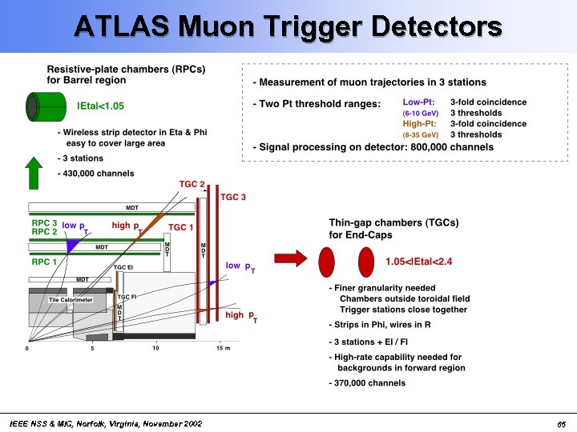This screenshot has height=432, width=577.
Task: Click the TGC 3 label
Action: click(234, 197)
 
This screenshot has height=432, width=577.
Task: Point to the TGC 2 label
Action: click(192, 185)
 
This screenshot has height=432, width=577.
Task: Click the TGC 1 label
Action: click(181, 228)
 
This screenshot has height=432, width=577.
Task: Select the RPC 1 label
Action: click(44, 261)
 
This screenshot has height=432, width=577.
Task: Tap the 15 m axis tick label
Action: click(224, 348)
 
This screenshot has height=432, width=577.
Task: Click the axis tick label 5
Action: click(91, 348)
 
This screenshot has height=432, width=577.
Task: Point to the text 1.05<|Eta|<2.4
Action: click(418, 262)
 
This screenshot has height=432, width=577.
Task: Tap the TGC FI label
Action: click(127, 297)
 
